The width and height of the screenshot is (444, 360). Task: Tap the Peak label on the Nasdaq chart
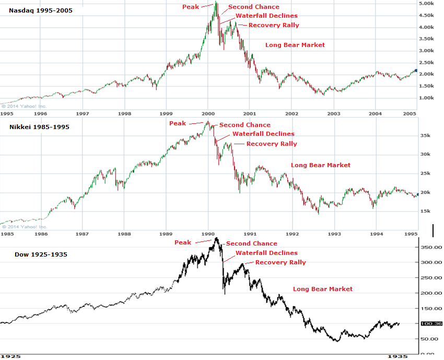tap(191, 7)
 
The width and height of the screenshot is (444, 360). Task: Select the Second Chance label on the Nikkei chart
tap(244, 125)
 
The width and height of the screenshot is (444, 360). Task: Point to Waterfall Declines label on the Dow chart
tap(266, 253)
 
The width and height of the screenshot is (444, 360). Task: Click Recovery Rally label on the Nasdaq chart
tap(274, 25)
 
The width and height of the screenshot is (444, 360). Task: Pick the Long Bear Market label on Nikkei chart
tap(321, 165)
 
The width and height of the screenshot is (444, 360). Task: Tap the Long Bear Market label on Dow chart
tap(323, 289)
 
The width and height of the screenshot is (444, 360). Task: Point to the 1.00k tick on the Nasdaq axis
tap(428, 98)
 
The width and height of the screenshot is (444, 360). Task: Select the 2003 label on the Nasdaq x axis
tap(334, 113)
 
